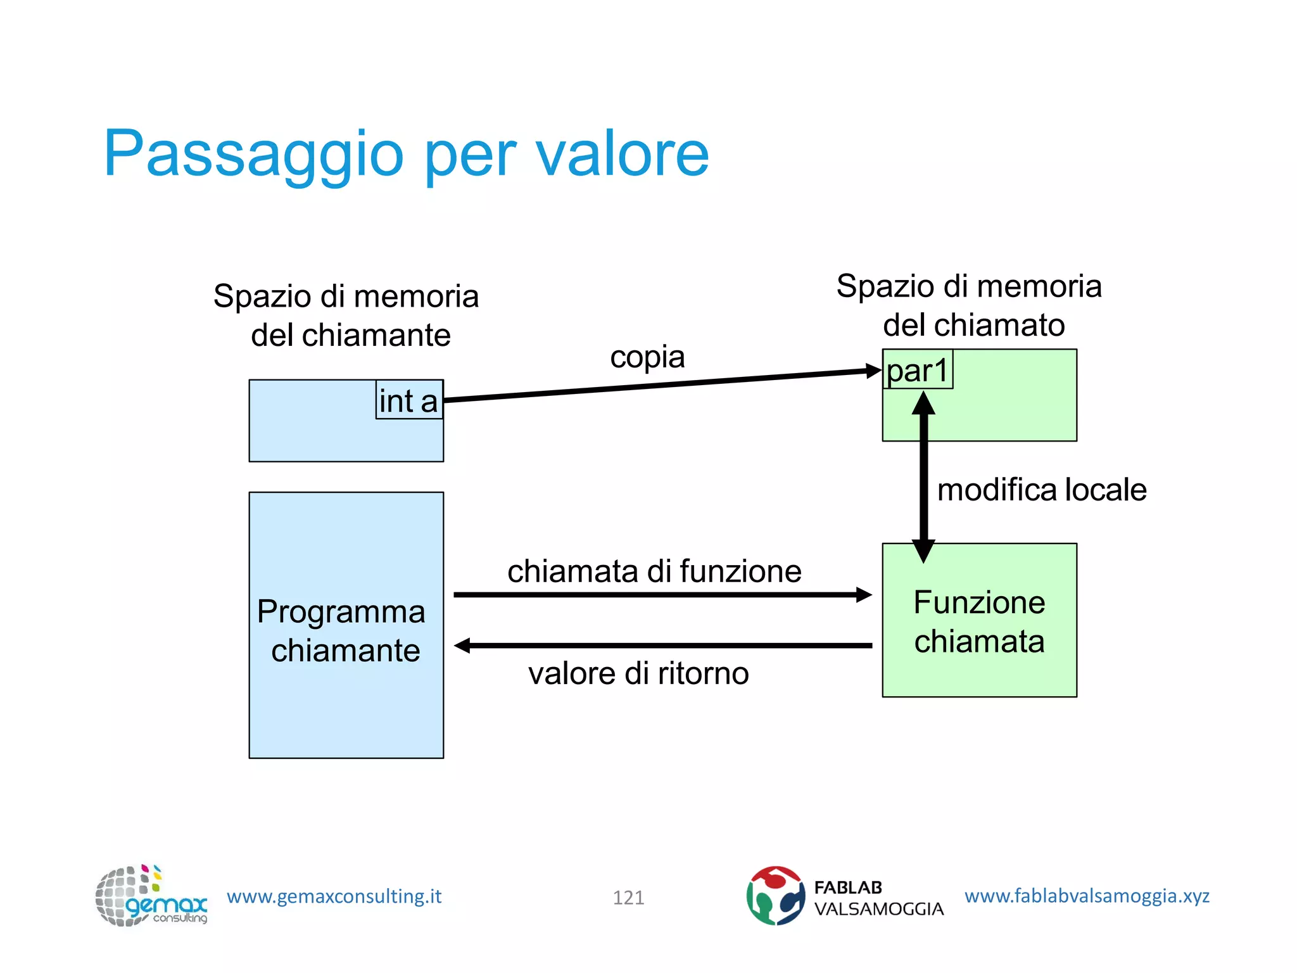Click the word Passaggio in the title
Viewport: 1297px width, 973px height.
(x=253, y=154)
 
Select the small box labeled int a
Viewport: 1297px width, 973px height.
(x=409, y=400)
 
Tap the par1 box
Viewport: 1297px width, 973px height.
(x=917, y=370)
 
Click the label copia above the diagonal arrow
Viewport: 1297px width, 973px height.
(x=647, y=357)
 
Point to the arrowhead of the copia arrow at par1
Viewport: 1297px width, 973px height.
(x=874, y=371)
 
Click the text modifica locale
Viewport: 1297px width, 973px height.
(x=1042, y=490)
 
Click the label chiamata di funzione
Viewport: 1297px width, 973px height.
(x=654, y=571)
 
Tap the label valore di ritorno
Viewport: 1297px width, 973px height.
(x=638, y=673)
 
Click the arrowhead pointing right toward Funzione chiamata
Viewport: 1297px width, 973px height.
(x=864, y=595)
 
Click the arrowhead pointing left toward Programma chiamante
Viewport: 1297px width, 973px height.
(x=463, y=645)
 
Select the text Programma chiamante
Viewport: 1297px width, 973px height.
(x=343, y=631)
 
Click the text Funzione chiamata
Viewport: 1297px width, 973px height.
(x=979, y=621)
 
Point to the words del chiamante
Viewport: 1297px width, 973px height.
(x=350, y=335)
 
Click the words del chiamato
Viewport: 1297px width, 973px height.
(x=973, y=325)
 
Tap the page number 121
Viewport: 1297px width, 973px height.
(x=628, y=897)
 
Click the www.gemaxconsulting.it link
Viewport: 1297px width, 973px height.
(x=334, y=896)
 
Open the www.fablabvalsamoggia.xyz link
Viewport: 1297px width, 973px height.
(x=1087, y=896)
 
